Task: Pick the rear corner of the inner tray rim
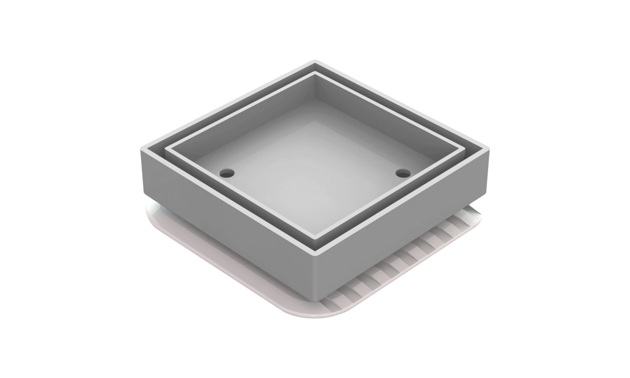point(315,74)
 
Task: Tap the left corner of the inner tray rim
point(166,149)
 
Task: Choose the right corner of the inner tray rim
point(464,149)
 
